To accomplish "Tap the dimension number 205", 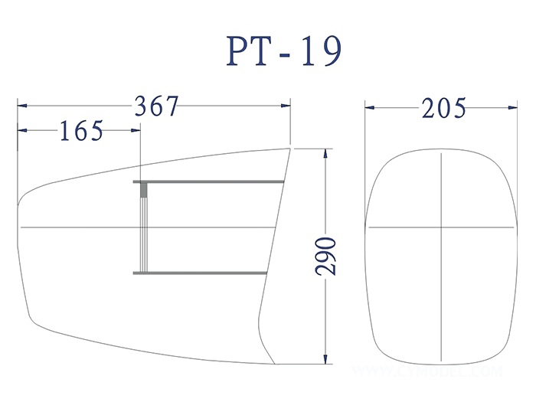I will (443, 109).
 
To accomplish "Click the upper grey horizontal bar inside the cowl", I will (211, 181).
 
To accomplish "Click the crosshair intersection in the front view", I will (442, 228).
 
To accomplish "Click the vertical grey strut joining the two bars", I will (143, 227).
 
